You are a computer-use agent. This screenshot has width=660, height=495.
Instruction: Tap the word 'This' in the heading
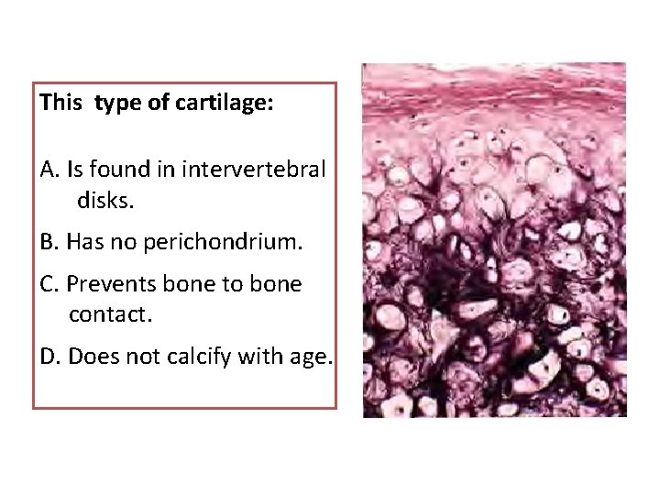tap(61, 103)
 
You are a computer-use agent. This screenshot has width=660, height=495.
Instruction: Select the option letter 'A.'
tap(50, 170)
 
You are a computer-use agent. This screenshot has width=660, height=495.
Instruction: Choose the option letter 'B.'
tap(50, 243)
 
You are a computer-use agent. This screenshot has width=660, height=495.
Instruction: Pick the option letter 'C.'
tap(50, 285)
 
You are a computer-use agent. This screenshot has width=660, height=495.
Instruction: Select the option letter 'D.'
tap(51, 356)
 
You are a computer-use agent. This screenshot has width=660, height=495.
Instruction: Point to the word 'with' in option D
tap(258, 356)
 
